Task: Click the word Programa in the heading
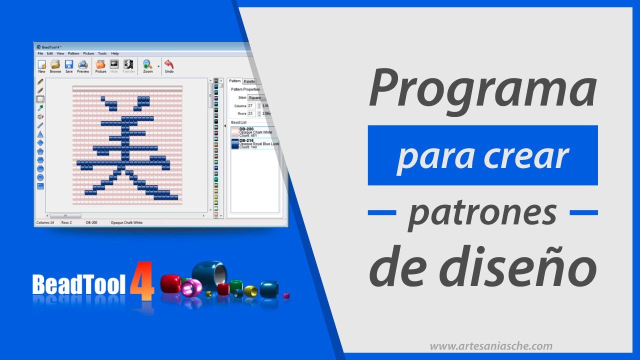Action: [482, 90]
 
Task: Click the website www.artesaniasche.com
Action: [491, 346]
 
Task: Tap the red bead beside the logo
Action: [170, 283]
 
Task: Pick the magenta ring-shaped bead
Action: [191, 288]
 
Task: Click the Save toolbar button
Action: [69, 66]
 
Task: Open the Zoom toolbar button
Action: [147, 66]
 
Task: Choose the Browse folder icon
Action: [55, 66]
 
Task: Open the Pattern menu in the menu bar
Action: [73, 53]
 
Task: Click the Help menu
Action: [115, 53]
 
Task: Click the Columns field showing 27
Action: [251, 106]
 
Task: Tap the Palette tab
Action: [249, 81]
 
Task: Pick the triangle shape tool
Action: [40, 134]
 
